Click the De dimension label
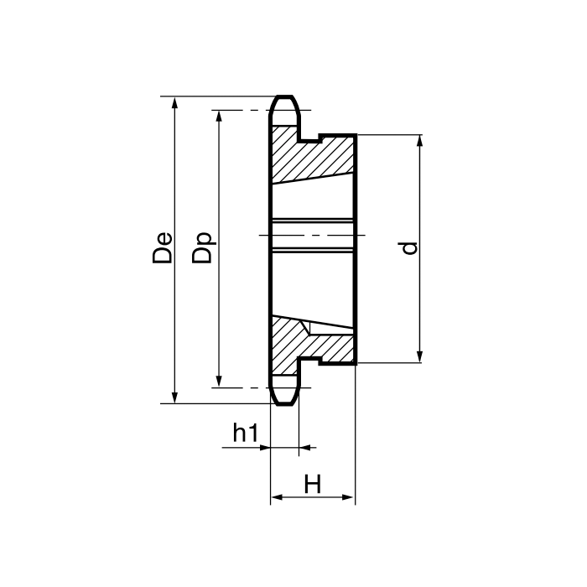[x=163, y=248]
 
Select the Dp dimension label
[x=202, y=248]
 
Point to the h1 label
[x=246, y=433]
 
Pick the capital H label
[x=313, y=484]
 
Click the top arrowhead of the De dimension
[x=174, y=102]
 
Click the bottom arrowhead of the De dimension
[x=174, y=397]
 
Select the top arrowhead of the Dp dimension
[x=220, y=117]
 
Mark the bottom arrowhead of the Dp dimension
[x=220, y=381]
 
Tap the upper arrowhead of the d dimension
[x=419, y=141]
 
